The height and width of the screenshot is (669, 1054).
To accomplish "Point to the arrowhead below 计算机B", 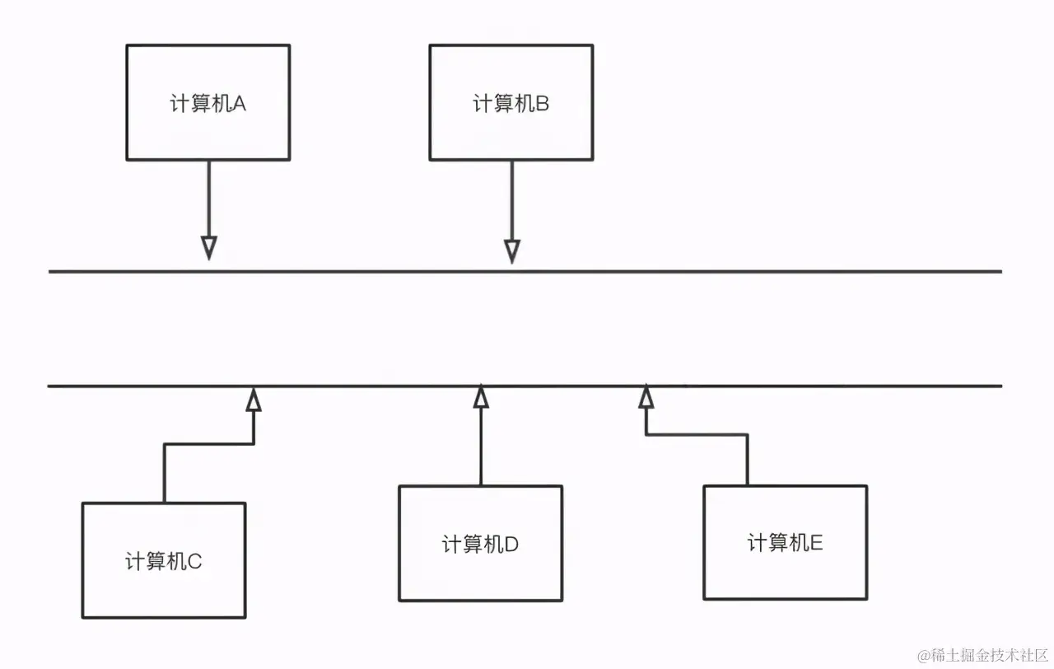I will (x=512, y=250).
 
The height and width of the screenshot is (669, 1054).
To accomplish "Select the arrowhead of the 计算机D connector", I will (x=481, y=398).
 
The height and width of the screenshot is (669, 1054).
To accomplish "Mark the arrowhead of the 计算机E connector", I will (x=646, y=398).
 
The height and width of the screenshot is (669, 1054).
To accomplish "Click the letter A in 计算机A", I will (x=240, y=104).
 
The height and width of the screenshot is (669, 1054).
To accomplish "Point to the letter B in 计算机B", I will (x=543, y=104).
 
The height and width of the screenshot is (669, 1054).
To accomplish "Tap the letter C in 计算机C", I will (x=195, y=562).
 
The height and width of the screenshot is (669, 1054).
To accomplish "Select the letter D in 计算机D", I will (x=511, y=545).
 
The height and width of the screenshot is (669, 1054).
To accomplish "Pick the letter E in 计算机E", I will (x=817, y=543).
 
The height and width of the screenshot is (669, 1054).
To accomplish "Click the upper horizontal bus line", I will (x=741, y=271).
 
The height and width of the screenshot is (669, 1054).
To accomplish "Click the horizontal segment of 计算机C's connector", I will (x=209, y=445).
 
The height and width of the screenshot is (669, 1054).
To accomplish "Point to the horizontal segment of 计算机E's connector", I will (x=697, y=435).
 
